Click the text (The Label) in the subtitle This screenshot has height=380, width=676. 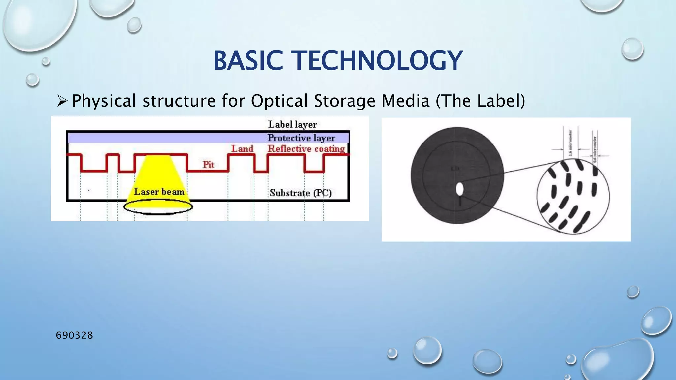[x=480, y=101]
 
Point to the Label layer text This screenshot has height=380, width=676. [x=292, y=125]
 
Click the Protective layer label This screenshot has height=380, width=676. [x=301, y=138]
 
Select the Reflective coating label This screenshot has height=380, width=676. [x=306, y=149]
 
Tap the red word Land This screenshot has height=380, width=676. [x=242, y=149]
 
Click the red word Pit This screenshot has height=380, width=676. [x=208, y=165]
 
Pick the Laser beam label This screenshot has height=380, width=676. [x=159, y=192]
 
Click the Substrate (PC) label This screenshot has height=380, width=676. [x=300, y=193]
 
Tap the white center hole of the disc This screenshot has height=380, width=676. [x=459, y=189]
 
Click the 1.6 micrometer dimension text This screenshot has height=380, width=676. [x=571, y=142]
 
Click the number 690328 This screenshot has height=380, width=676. [x=75, y=335]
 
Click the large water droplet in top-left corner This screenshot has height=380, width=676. [x=36, y=23]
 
